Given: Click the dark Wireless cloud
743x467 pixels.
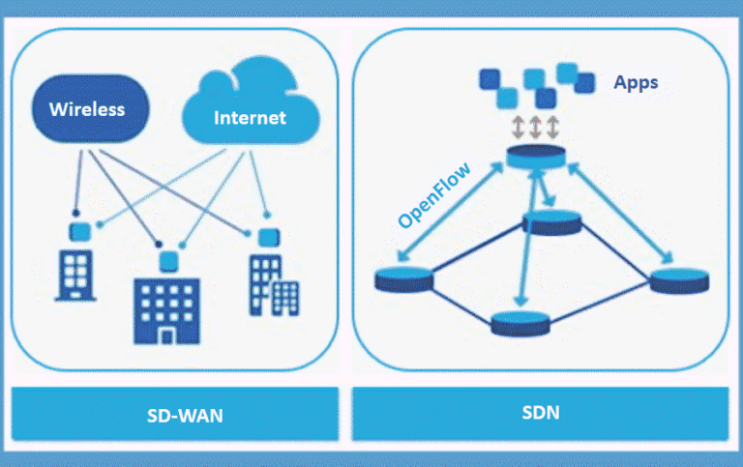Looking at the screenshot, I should (89, 107).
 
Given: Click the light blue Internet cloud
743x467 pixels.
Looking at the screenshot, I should (250, 115).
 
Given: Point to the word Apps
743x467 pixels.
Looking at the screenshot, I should (636, 82).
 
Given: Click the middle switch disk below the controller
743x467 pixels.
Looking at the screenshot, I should (551, 223).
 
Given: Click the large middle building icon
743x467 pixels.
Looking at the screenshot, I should (169, 308).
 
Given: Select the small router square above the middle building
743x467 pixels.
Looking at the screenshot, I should (170, 258).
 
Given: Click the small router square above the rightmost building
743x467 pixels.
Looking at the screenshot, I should (265, 235).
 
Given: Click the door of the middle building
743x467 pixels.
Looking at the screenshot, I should (167, 335).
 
